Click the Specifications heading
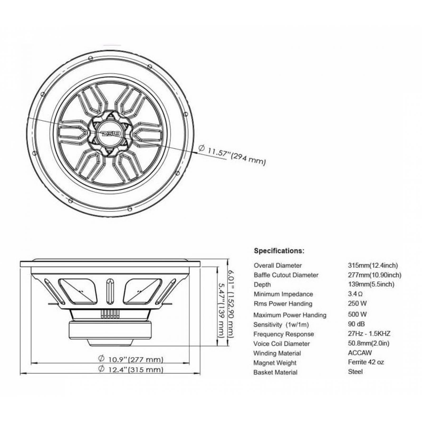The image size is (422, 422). tap(279, 251)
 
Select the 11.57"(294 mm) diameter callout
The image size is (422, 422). tap(232, 156)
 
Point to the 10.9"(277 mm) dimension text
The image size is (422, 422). tap(131, 359)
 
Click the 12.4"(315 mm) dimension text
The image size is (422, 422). tap(131, 369)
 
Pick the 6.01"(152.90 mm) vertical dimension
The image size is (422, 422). tap(231, 303)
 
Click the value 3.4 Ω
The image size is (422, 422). tap(355, 294)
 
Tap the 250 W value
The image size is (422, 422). tap(357, 303)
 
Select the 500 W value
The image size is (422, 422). tap(357, 314)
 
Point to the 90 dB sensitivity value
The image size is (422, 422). tap(356, 324)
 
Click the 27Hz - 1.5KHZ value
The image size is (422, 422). tap(369, 333)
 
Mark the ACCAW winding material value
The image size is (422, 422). tap(360, 353)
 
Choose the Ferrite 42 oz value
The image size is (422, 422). tap(366, 362)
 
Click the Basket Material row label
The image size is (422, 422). tap(275, 372)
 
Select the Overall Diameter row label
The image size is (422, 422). tap(277, 265)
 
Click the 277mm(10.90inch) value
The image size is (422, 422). tap(375, 275)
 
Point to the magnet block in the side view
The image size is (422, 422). tap(110, 330)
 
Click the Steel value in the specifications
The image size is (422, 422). tap(355, 372)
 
